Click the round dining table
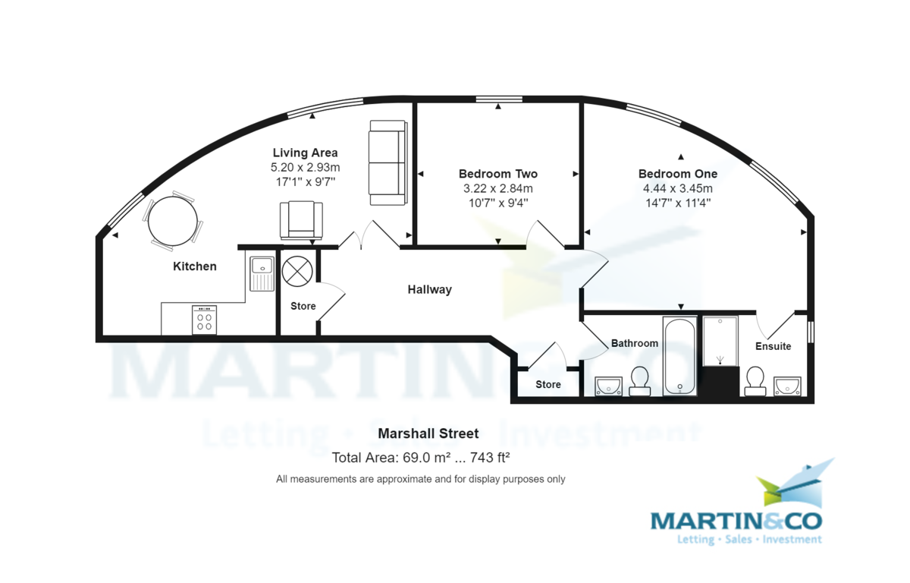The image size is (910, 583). pyautogui.click(x=173, y=221)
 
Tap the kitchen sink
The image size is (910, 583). pyautogui.click(x=262, y=273)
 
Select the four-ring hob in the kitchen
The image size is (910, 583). pyautogui.click(x=204, y=320)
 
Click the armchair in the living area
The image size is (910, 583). pyautogui.click(x=301, y=220)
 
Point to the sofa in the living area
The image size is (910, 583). pyautogui.click(x=388, y=162)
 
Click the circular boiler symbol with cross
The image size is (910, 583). pyautogui.click(x=297, y=270)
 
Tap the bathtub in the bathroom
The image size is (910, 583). pyautogui.click(x=680, y=356)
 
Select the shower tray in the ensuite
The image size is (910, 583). pyautogui.click(x=720, y=342)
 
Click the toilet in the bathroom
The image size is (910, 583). pyautogui.click(x=639, y=380)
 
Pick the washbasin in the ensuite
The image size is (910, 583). pyautogui.click(x=787, y=386)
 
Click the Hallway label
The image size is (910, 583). pyautogui.click(x=429, y=289)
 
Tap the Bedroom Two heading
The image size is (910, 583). pyautogui.click(x=497, y=174)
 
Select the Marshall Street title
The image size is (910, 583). pyautogui.click(x=428, y=433)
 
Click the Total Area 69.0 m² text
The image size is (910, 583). pyautogui.click(x=420, y=458)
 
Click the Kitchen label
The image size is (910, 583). pyautogui.click(x=195, y=266)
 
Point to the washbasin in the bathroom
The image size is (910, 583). pyautogui.click(x=608, y=386)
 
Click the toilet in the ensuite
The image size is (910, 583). pyautogui.click(x=754, y=380)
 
